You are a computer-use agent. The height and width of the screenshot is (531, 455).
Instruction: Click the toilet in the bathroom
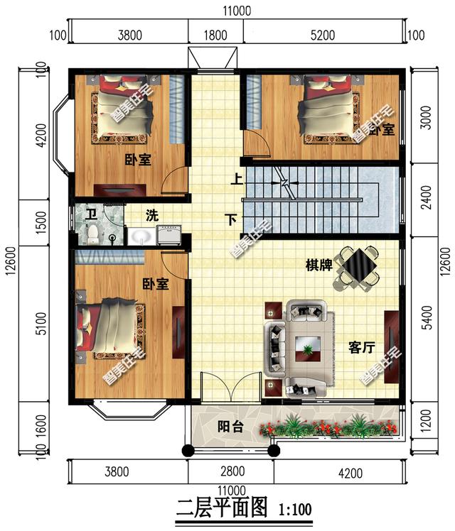tap(92, 234)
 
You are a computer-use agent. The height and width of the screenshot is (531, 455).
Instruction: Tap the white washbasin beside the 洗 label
tap(141, 236)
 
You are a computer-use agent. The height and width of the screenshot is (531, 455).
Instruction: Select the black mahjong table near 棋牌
tap(358, 265)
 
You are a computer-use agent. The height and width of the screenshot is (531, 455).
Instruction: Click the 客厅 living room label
tap(362, 347)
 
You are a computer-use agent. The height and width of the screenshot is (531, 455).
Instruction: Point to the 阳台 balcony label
tap(230, 427)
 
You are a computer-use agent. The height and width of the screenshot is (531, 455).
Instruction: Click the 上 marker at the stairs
tap(237, 179)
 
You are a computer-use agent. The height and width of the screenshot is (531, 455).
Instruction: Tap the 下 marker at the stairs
tap(231, 220)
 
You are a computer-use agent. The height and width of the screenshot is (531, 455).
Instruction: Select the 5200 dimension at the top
tap(323, 35)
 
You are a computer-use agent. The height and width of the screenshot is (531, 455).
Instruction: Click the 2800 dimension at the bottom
tap(232, 471)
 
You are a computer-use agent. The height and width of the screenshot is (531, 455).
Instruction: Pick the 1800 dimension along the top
tap(215, 35)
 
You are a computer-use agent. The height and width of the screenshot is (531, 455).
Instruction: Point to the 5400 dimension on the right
tap(427, 317)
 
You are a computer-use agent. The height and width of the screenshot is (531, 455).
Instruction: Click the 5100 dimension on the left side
tap(41, 324)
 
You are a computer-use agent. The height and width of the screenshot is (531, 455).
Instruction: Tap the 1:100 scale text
tap(295, 509)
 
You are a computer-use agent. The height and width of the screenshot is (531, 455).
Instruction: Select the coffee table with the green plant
tap(308, 349)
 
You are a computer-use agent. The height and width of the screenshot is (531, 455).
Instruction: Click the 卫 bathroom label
tap(90, 214)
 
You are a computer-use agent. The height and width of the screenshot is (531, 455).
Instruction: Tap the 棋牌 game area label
tap(318, 265)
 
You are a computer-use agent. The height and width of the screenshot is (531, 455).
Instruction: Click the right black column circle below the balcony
tap(274, 450)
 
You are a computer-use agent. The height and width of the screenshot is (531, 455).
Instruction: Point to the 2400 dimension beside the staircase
tap(427, 197)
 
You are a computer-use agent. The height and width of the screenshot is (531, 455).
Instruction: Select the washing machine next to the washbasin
tap(170, 234)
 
